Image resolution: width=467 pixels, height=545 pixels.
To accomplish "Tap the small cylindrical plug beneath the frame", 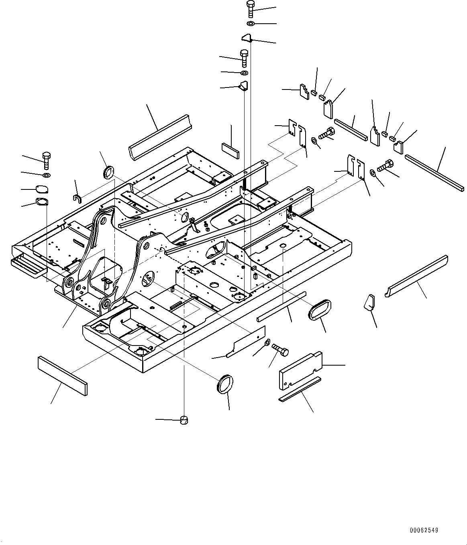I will point(184,420).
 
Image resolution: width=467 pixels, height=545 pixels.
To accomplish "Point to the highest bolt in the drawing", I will point(251,8).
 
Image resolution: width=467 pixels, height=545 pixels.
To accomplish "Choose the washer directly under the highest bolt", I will point(251,24).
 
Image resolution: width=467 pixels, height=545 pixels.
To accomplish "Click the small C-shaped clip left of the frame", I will point(78,198).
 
